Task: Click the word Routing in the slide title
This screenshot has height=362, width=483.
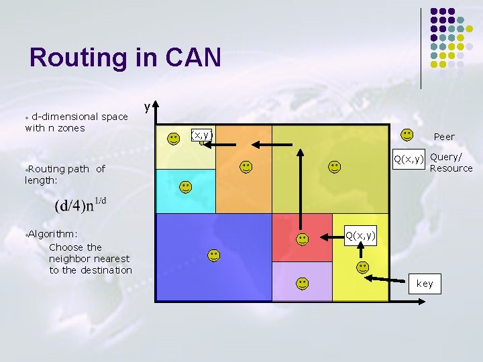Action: pyautogui.click(x=77, y=58)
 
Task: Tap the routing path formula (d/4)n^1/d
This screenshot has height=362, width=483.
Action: pyautogui.click(x=81, y=203)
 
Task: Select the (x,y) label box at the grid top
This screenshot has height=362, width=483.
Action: pyautogui.click(x=202, y=135)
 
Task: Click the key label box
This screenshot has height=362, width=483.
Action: pyautogui.click(x=425, y=284)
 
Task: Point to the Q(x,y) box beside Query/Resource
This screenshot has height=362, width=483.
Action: pyautogui.click(x=409, y=159)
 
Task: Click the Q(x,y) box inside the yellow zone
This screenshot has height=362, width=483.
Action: pyautogui.click(x=360, y=235)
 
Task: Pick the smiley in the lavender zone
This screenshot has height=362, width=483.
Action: pyautogui.click(x=303, y=283)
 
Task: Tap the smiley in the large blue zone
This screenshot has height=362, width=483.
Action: pyautogui.click(x=213, y=255)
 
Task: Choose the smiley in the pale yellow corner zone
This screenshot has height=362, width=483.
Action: pyautogui.click(x=174, y=138)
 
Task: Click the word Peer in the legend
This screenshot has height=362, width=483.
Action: pyautogui.click(x=443, y=137)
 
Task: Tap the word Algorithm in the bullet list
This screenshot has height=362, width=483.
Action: pyautogui.click(x=52, y=233)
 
